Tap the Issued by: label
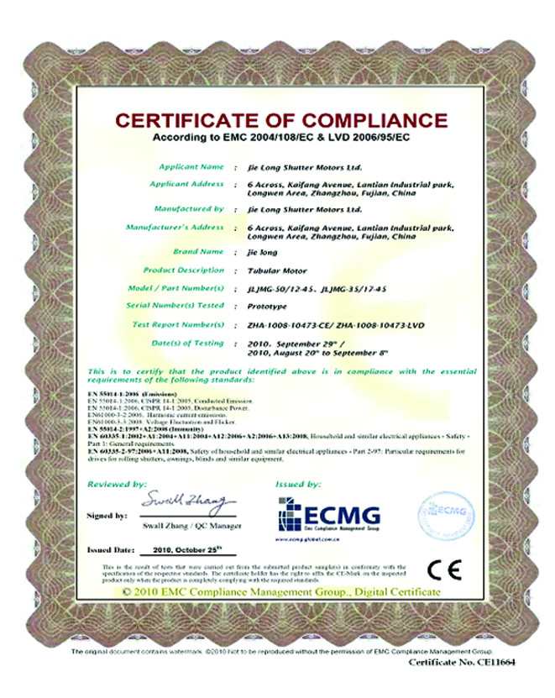(x=297, y=485)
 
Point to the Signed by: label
(x=107, y=514)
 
